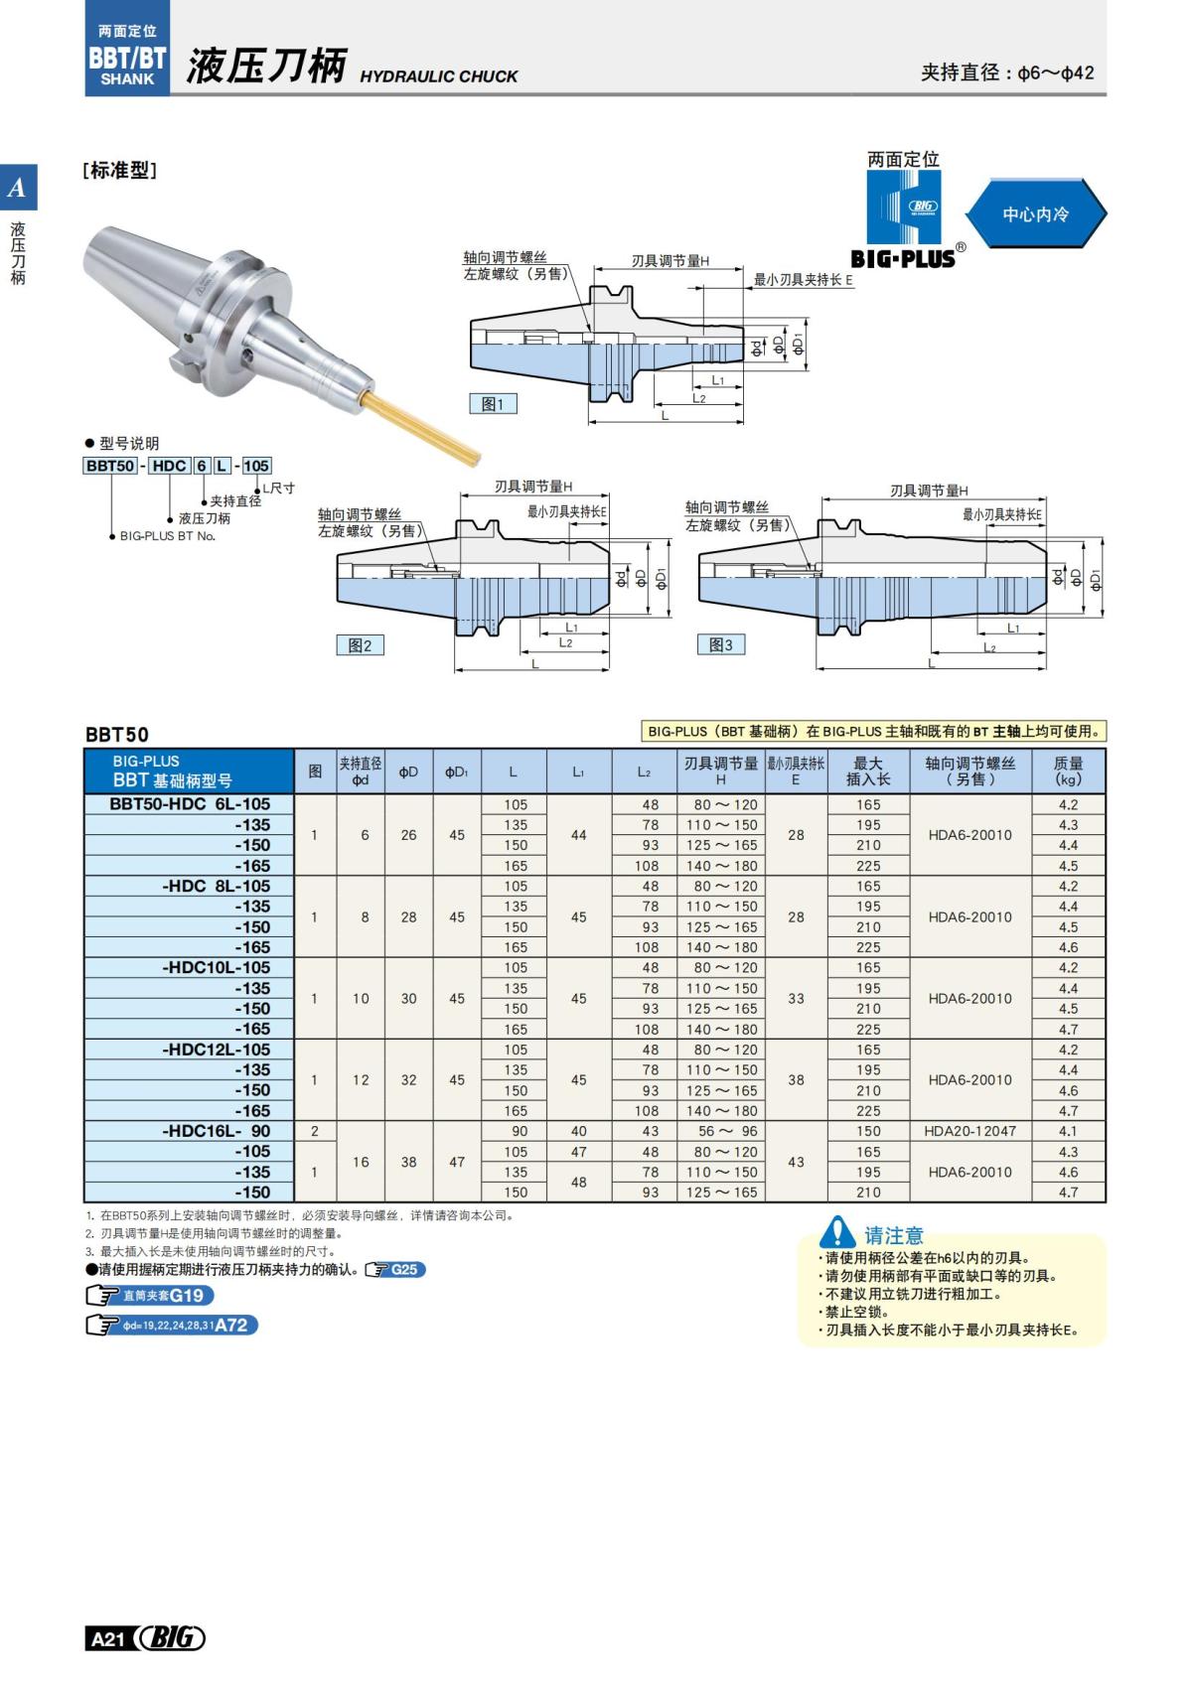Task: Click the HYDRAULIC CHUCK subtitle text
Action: pos(438,76)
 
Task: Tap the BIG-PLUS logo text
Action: pos(903,259)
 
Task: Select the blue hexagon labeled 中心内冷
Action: pos(1035,213)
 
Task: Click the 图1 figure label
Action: pos(493,404)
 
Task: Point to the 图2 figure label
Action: pos(360,645)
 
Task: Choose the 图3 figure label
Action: pos(720,644)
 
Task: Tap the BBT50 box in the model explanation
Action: pos(110,466)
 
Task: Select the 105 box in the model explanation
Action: pos(256,466)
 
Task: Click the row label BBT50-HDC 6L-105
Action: pos(189,804)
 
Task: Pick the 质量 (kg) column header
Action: pos(1068,771)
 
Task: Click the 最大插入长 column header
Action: pos(867,771)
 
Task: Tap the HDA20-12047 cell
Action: pos(969,1131)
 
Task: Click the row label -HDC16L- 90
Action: pos(216,1131)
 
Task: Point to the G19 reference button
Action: pos(150,1296)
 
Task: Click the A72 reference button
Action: pos(172,1325)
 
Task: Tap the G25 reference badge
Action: pos(395,1270)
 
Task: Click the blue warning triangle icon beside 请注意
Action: pos(837,1232)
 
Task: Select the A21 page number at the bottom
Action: pos(107,1638)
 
